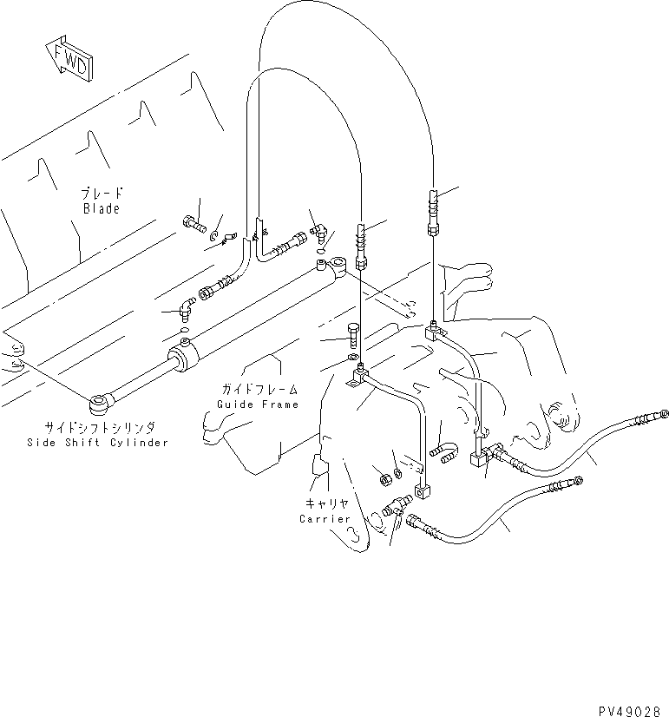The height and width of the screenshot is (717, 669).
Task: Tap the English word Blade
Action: click(x=102, y=209)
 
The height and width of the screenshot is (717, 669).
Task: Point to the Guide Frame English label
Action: click(x=258, y=405)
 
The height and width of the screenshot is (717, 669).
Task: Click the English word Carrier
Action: click(x=325, y=519)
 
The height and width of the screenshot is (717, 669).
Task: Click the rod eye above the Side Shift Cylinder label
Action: click(x=100, y=402)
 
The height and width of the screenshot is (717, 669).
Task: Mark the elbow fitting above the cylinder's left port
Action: click(x=184, y=306)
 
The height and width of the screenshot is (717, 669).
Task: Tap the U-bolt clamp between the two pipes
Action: click(x=443, y=452)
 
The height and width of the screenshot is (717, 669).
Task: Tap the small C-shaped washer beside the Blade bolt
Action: click(x=213, y=234)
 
